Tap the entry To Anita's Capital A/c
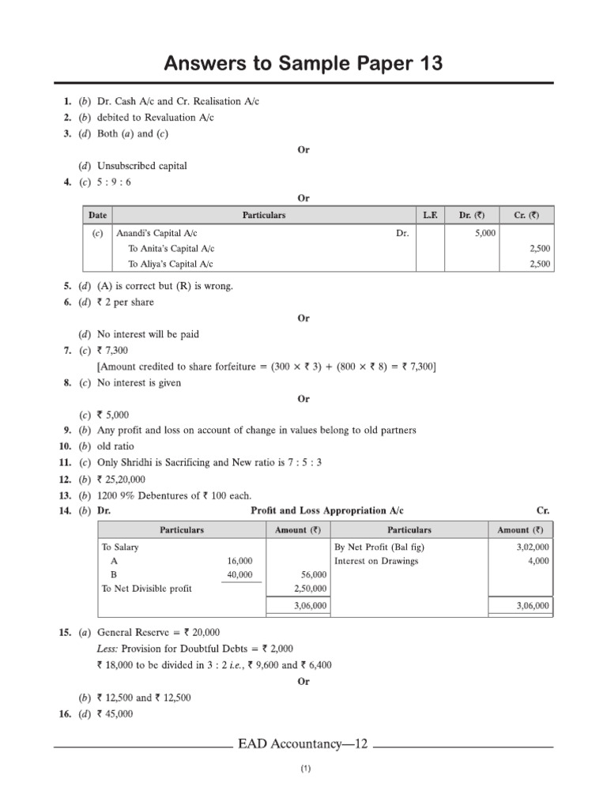[170, 249]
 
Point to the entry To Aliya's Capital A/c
[170, 264]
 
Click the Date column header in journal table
[98, 215]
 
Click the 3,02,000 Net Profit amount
[533, 547]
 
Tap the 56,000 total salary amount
[314, 575]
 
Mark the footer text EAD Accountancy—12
[303, 745]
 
